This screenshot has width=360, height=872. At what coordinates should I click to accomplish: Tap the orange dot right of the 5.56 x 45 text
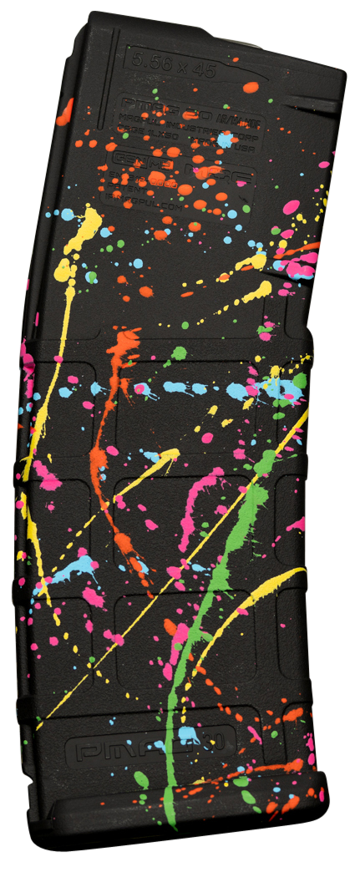(x=250, y=87)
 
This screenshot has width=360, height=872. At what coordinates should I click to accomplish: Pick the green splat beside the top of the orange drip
(x=177, y=354)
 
